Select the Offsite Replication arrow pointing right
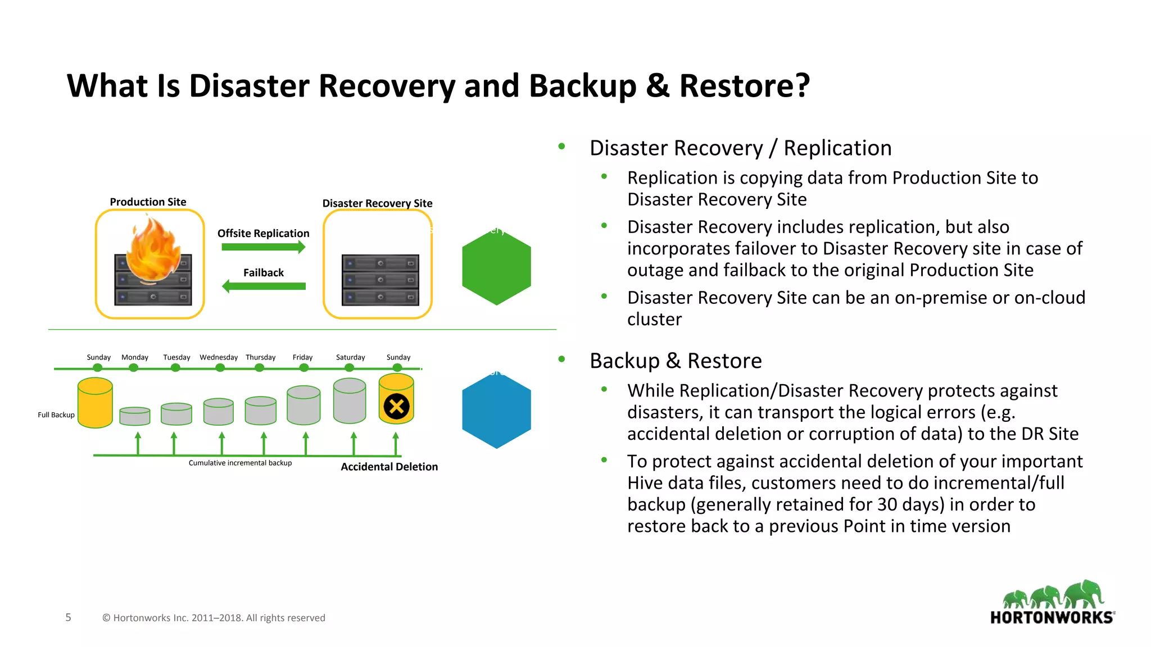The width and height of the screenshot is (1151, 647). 263,247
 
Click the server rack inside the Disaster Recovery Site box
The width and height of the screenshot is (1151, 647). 380,280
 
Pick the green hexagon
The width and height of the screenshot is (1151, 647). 496,268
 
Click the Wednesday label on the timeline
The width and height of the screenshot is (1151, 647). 219,357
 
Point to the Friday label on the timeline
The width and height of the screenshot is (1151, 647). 302,357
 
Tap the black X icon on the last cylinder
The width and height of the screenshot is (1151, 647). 396,406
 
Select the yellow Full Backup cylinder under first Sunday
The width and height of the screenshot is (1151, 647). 95,403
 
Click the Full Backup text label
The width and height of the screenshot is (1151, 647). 56,415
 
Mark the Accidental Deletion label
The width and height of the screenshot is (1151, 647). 389,467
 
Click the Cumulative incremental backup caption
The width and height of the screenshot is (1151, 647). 240,463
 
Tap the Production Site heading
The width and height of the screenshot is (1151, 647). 148,202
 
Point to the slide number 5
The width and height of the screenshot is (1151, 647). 68,617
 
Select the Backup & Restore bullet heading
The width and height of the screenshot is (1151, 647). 676,361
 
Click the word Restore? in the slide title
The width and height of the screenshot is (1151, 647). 744,86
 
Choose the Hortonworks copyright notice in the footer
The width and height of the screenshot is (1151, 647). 214,618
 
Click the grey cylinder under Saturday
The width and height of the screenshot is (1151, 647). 350,401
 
